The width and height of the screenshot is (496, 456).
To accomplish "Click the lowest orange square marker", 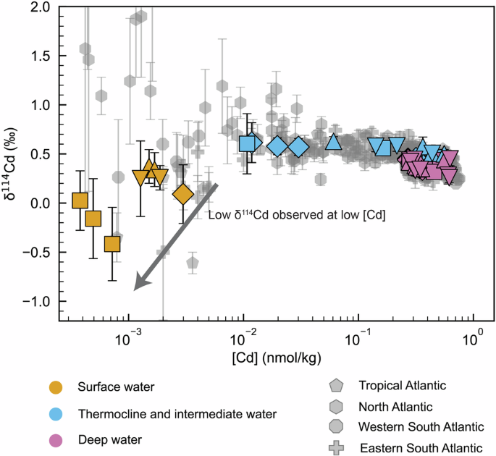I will (x=112, y=244).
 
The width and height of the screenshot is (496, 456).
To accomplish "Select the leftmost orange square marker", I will (x=80, y=200).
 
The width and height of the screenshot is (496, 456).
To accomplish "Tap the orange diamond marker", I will (x=183, y=194).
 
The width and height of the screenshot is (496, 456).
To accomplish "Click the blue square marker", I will (x=248, y=143).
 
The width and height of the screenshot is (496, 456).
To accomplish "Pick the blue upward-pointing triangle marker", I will (x=333, y=141).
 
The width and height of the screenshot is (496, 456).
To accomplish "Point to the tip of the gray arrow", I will (x=135, y=290).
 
